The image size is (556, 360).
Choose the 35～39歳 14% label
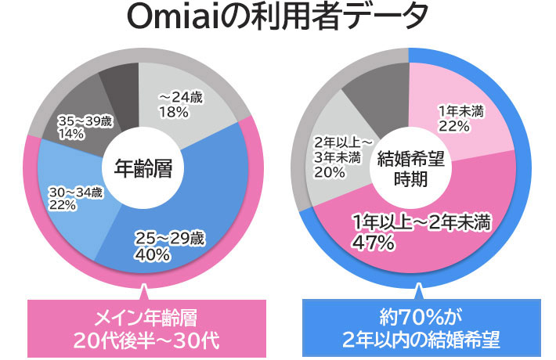pos(86,128)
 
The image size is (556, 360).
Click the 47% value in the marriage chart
pos(372,243)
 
